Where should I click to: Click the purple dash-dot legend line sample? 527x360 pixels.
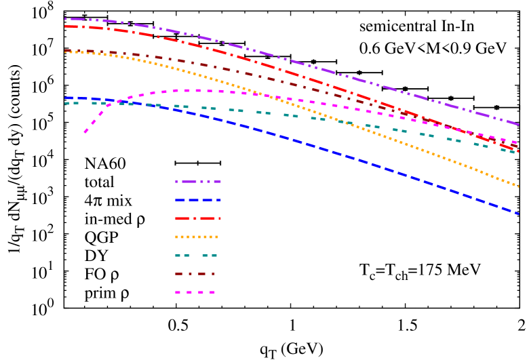tap(198, 182)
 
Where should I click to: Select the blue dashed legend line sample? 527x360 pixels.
tap(198, 200)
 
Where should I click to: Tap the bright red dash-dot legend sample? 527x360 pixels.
tap(198, 218)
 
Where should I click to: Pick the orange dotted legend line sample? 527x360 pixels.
tap(197, 237)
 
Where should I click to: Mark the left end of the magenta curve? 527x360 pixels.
tap(85, 133)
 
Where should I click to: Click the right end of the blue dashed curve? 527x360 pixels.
tap(519, 214)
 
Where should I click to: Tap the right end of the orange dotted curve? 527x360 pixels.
tap(519, 186)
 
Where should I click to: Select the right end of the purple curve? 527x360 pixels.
tap(519, 125)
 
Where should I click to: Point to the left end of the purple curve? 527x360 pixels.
tap(65, 19)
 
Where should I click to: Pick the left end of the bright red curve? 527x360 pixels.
tap(65, 26)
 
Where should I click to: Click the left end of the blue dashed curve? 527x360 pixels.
tap(66, 98)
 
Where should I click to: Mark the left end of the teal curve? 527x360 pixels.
tap(65, 103)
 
